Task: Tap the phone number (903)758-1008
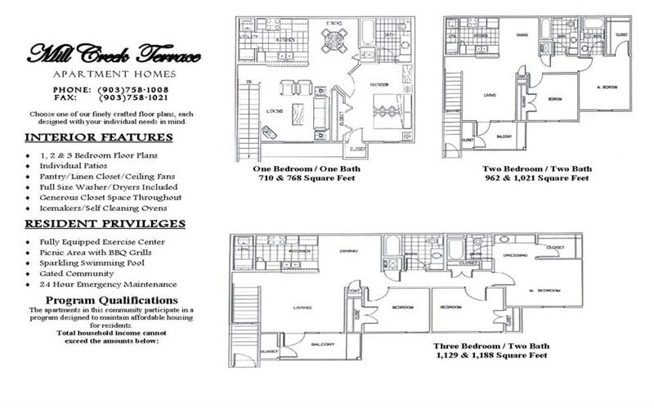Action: (132, 88)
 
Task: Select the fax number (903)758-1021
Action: (132, 96)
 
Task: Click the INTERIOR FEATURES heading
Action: (99, 137)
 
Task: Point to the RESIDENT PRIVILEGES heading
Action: (104, 223)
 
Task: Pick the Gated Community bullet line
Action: (78, 274)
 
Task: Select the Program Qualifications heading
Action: (110, 301)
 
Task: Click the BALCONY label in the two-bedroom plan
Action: (505, 135)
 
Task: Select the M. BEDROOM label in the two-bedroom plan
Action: (606, 87)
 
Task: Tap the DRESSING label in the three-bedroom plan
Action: (492, 256)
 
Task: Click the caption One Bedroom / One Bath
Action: (307, 168)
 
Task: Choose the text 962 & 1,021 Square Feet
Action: (535, 177)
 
